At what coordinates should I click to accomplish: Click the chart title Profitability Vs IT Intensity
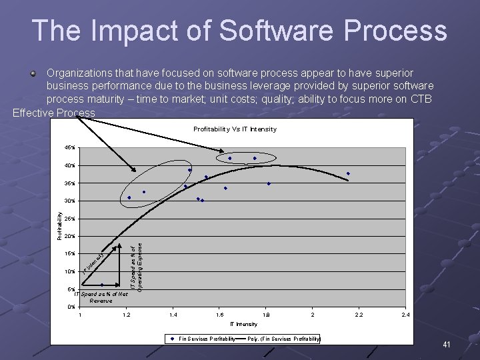point(235,129)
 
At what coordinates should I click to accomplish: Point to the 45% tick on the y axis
point(70,148)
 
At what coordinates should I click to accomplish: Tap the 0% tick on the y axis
point(71,307)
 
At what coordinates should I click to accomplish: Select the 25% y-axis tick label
point(70,219)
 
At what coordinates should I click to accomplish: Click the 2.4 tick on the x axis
point(405,314)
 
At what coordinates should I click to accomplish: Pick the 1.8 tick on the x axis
point(266,314)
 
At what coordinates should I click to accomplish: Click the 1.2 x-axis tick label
point(127,314)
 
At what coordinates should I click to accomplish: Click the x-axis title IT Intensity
point(243,324)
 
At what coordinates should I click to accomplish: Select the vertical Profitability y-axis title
point(59,227)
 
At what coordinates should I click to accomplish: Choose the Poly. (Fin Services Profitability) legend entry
point(283,339)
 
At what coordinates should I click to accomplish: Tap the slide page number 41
point(447,345)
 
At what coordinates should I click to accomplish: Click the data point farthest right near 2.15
point(348,174)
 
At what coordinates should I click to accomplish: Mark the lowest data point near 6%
point(102,285)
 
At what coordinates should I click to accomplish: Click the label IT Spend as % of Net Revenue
point(101,297)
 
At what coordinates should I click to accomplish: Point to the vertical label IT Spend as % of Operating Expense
point(136,267)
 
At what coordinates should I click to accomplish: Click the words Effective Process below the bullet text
point(54,113)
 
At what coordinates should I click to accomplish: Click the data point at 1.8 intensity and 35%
point(269,183)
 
